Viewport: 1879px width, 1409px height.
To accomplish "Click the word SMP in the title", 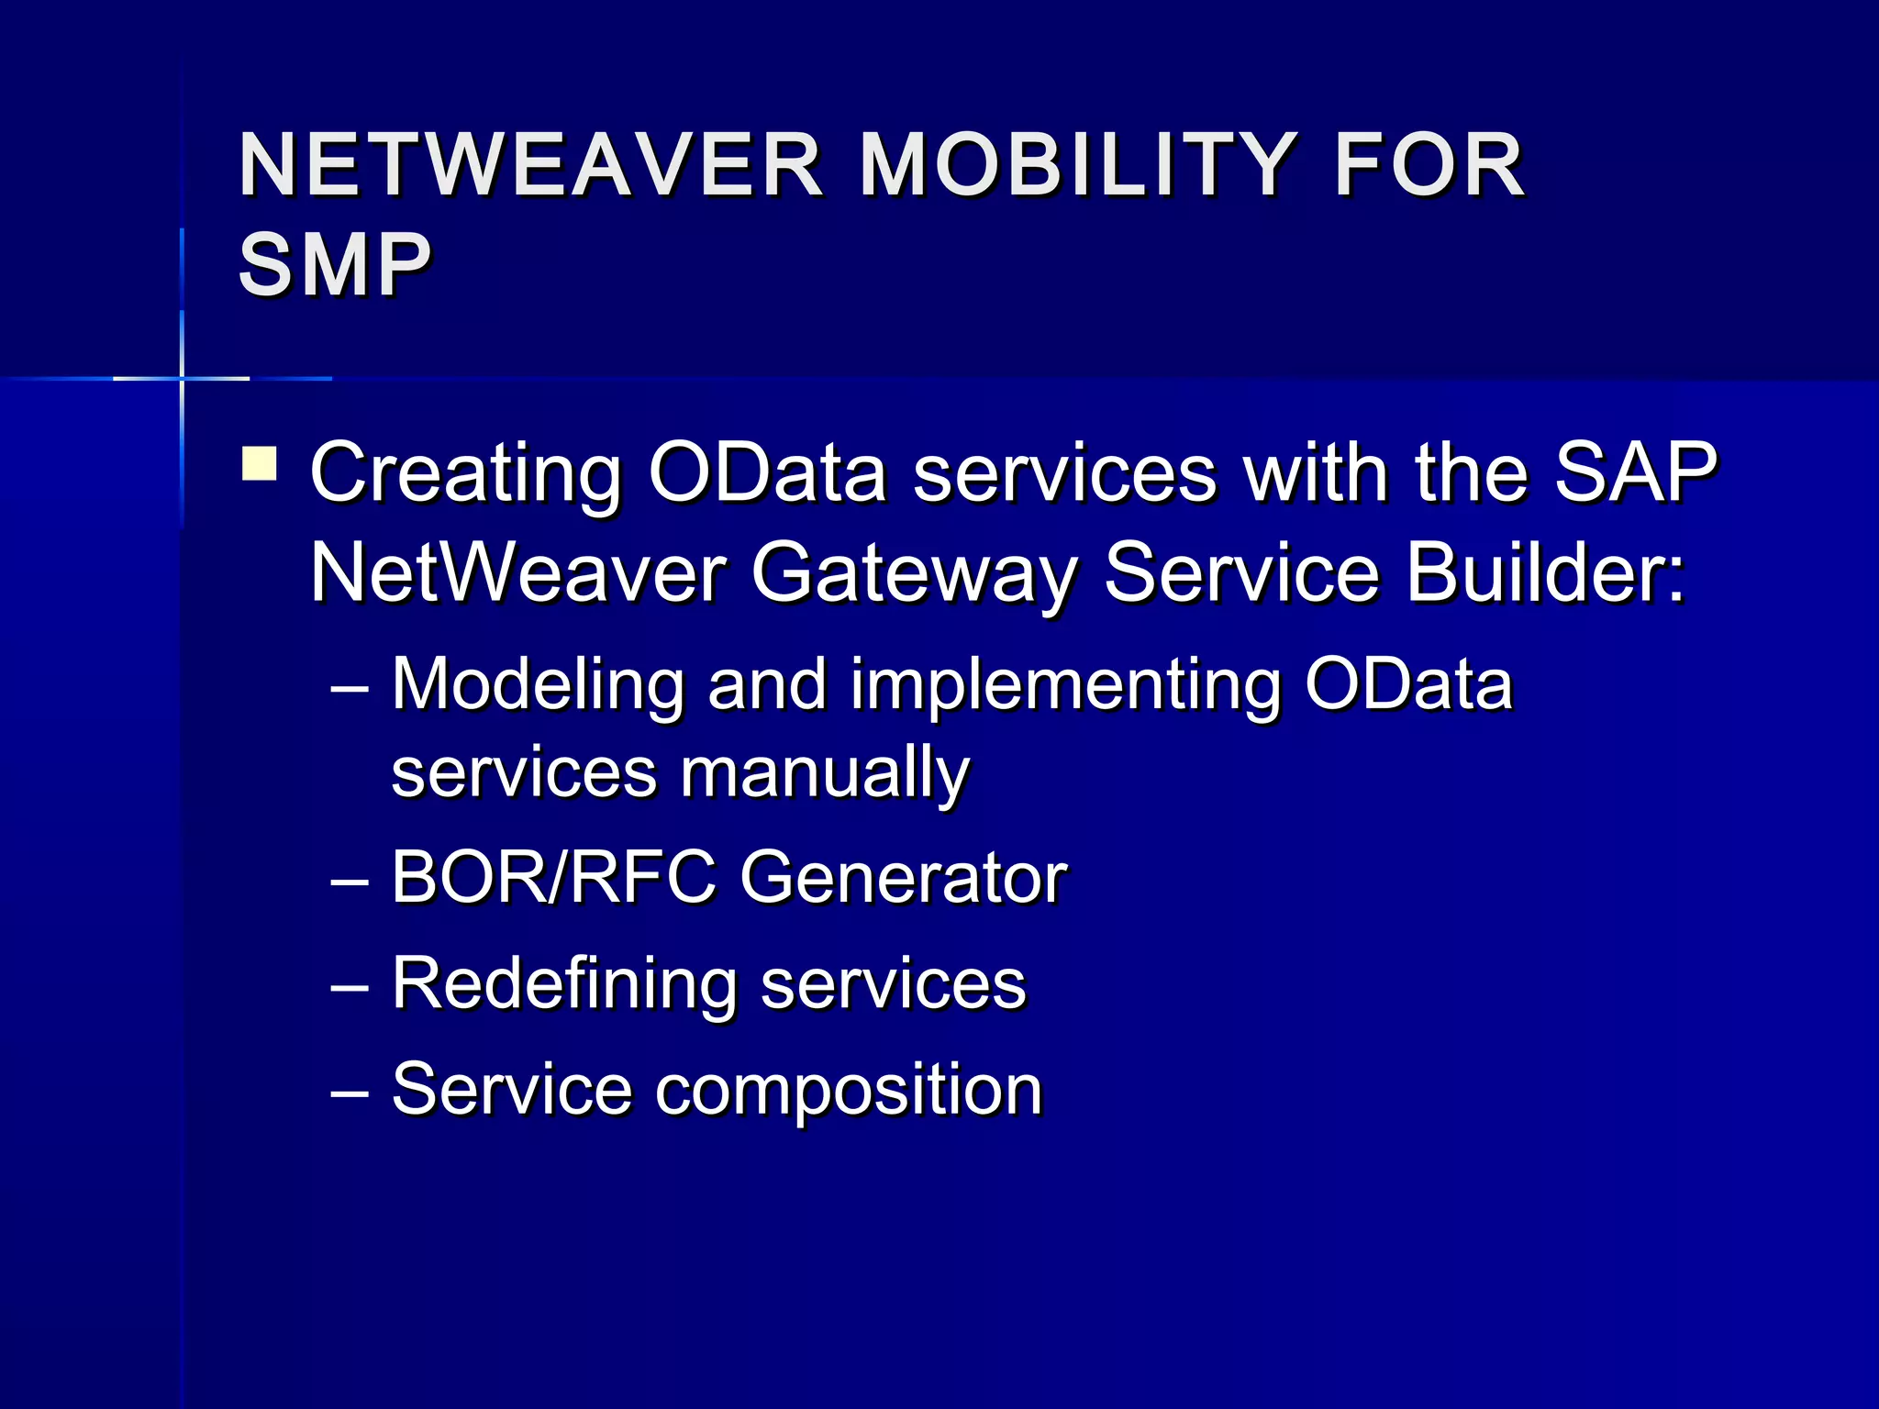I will pos(335,265).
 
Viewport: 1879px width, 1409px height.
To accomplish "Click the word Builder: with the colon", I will pos(1546,572).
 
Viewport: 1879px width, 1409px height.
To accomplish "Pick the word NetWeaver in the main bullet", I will pos(518,573).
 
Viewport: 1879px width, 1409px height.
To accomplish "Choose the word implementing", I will pos(1064,686).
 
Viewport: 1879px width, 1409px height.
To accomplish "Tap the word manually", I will pos(825,772).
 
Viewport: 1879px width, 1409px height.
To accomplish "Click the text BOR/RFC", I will pos(553,877).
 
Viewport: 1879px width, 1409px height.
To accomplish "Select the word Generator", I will pos(903,877).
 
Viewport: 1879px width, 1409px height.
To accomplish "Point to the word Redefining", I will pos(563,983).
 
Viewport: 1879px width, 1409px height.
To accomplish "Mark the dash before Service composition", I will pos(350,1093).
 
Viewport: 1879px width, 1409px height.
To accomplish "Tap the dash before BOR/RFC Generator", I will pos(350,882).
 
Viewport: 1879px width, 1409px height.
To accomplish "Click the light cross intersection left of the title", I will pos(182,378).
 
